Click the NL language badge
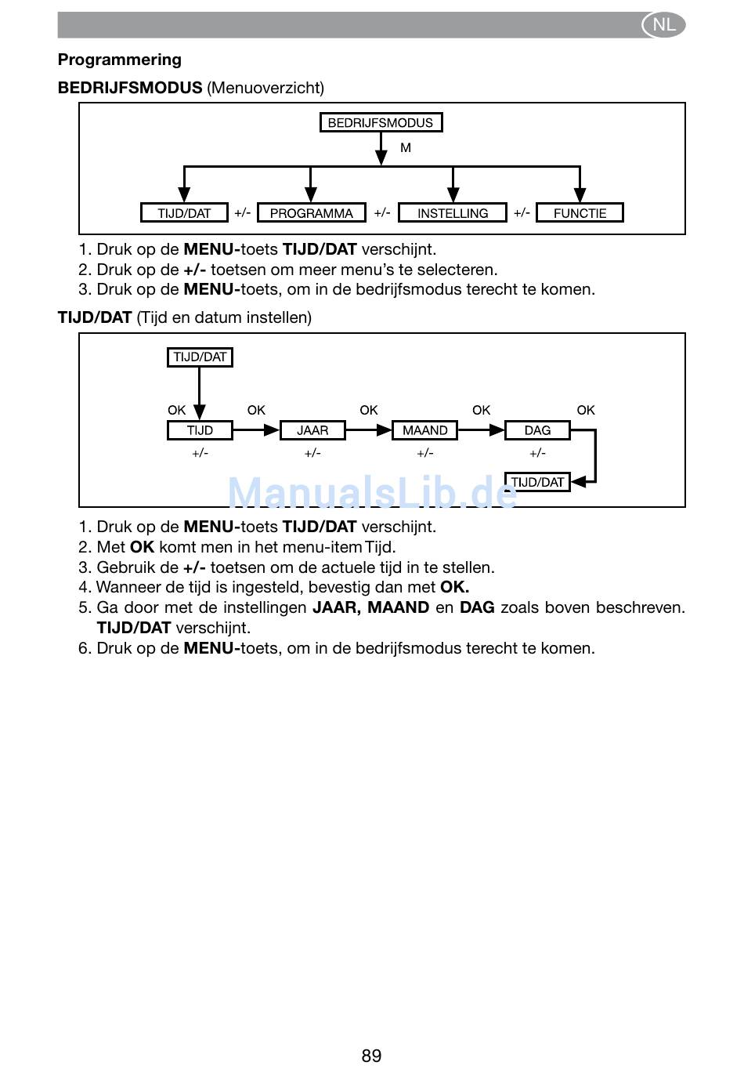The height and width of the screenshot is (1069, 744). click(663, 24)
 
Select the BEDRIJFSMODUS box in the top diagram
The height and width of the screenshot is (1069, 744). click(381, 122)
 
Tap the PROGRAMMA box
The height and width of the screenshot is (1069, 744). click(311, 212)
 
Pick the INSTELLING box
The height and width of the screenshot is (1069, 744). click(452, 212)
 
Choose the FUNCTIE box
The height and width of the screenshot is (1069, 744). click(580, 212)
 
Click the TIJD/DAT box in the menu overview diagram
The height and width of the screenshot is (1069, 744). click(184, 212)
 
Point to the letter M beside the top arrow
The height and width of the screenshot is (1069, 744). click(406, 147)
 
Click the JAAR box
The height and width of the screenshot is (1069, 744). click(312, 429)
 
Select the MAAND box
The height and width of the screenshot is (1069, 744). click(424, 429)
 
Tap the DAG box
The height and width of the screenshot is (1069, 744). click(537, 429)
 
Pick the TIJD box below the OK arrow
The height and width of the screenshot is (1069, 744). click(200, 429)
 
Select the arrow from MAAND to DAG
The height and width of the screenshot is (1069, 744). click(481, 429)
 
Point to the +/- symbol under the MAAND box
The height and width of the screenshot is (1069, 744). click(424, 453)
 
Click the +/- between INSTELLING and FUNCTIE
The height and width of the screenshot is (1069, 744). click(522, 212)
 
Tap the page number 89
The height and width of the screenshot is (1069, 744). click(371, 1056)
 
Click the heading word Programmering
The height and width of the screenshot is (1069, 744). click(120, 60)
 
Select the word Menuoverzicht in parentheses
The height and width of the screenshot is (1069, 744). click(265, 88)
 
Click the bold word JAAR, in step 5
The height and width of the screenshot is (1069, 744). click(335, 607)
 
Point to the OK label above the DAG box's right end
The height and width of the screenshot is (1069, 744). click(586, 410)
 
